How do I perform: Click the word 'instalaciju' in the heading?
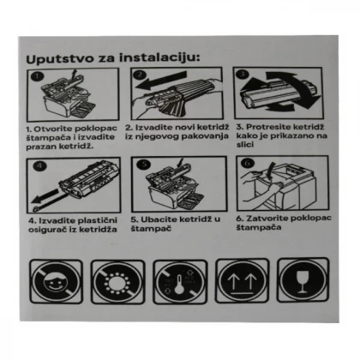pos(159,57)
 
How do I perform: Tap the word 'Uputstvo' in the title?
pos(60,59)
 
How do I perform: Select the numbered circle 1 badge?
pos(38,76)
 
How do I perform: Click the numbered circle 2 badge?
pos(140,75)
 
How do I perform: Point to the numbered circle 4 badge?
pos(39,165)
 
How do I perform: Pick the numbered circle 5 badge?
pos(144,164)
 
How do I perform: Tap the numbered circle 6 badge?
pos(248,164)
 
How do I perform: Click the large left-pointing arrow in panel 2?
pos(161,81)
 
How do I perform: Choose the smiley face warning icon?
pos(57,282)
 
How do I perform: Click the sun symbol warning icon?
pos(117,282)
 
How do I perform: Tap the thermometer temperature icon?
pos(180,282)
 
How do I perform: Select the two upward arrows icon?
pos(243,280)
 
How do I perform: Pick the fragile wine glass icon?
pos(303,280)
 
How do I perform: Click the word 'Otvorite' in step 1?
pos(53,129)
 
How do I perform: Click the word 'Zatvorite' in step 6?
pos(267,219)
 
